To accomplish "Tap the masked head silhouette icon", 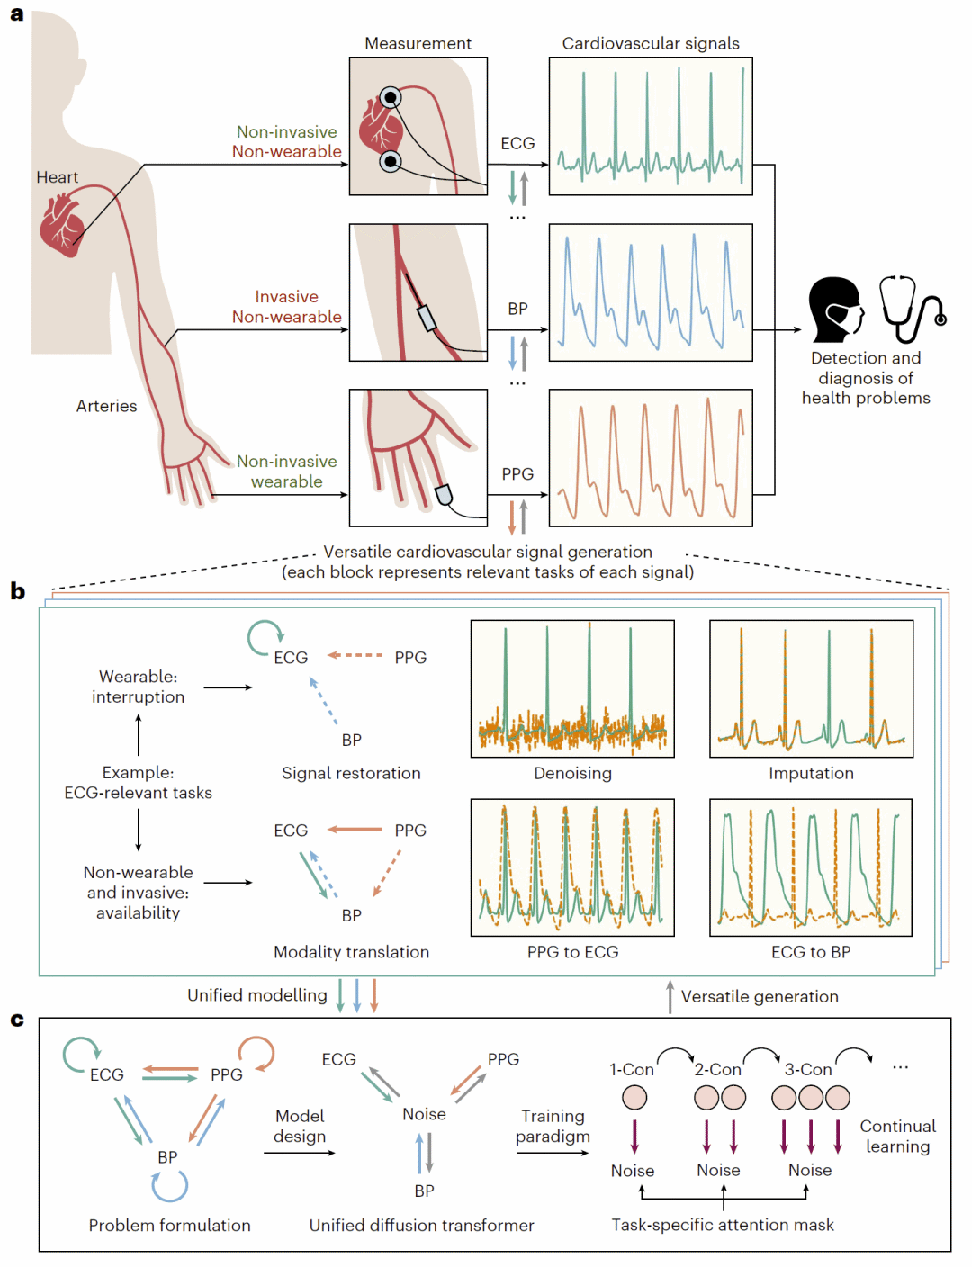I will [x=835, y=310].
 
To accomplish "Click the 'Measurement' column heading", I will [x=418, y=43].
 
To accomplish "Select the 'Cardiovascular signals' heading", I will [x=651, y=43].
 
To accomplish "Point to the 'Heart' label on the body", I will [x=58, y=177].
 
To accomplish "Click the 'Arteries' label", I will [x=106, y=406].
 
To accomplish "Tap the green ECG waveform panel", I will [x=651, y=127].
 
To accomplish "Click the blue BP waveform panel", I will [x=651, y=292].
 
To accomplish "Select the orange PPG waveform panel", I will [x=651, y=458].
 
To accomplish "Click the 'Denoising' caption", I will [x=572, y=773].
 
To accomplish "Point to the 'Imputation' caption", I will [x=811, y=773].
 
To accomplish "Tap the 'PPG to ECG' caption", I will [x=572, y=952].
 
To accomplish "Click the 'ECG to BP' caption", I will [x=811, y=952].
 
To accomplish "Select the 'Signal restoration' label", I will [x=351, y=773].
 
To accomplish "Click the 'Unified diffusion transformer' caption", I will [x=421, y=1225].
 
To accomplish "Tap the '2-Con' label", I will [x=717, y=1069].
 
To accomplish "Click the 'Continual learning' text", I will [x=897, y=1136].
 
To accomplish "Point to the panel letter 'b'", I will [x=17, y=591].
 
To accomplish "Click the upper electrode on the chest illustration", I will [x=390, y=97].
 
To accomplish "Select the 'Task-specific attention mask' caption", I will [x=723, y=1225].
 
